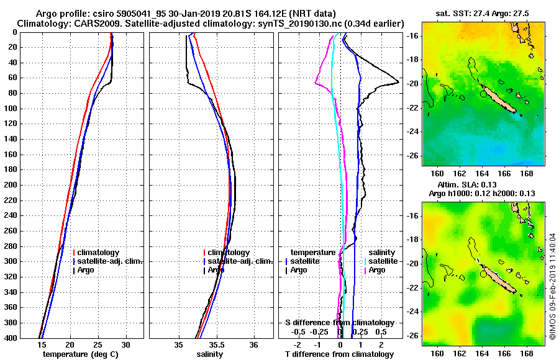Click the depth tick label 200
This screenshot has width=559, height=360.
(x=12, y=185)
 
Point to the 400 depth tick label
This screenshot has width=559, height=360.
(x=12, y=338)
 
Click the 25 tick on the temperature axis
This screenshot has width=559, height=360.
(x=98, y=345)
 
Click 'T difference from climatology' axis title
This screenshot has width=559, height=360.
(x=339, y=354)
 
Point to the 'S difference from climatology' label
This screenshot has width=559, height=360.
(x=339, y=323)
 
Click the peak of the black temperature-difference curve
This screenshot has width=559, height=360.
(x=398, y=82)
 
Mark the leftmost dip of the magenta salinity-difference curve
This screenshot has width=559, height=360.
(x=316, y=84)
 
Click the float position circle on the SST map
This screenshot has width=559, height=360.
(x=483, y=94)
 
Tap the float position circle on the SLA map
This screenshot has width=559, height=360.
(x=483, y=274)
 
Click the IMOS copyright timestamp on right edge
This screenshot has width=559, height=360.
(x=552, y=287)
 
